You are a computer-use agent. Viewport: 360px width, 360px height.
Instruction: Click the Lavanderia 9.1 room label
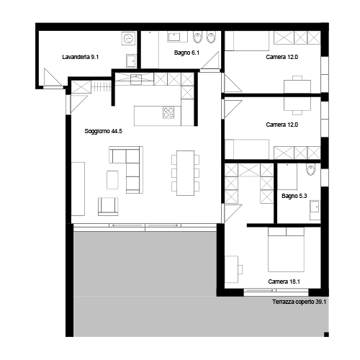(x=80, y=57)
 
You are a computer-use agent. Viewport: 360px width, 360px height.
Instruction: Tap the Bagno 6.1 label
(x=186, y=53)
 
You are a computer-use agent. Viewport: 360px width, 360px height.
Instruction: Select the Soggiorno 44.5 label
(x=103, y=131)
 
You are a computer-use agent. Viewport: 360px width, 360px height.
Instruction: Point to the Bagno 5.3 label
(x=294, y=196)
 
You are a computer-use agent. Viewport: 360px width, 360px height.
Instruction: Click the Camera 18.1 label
(x=284, y=282)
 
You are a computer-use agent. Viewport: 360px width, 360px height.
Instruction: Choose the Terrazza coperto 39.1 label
(x=299, y=302)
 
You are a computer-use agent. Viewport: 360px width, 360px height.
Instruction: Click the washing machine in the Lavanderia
(x=128, y=38)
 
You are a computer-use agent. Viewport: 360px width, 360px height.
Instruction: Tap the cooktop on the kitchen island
(x=168, y=112)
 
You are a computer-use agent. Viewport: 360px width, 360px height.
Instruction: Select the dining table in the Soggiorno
(x=185, y=173)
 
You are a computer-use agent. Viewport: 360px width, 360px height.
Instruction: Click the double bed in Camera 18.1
(x=286, y=250)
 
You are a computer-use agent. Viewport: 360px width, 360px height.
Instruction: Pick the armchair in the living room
(x=108, y=207)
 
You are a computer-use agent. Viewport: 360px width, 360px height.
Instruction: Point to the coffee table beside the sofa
(x=112, y=180)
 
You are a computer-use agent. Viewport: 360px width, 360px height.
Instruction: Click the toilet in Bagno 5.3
(x=310, y=170)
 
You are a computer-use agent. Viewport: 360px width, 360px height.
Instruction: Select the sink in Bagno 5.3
(x=315, y=207)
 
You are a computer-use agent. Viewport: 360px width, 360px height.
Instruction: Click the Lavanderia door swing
(x=53, y=77)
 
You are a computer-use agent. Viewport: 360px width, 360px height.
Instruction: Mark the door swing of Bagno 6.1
(x=210, y=60)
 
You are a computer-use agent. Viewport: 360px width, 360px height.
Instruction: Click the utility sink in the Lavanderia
(x=131, y=60)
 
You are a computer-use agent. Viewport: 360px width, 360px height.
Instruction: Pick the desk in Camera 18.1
(x=232, y=269)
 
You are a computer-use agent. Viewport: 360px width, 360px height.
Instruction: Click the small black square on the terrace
(x=326, y=334)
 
